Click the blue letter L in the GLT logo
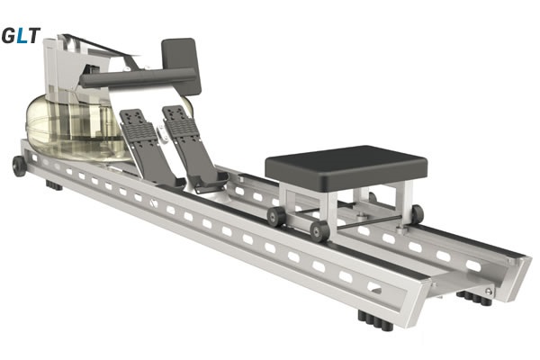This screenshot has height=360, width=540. click(22, 35)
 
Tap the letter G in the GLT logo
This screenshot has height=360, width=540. click(9, 35)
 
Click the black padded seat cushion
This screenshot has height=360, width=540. click(346, 166)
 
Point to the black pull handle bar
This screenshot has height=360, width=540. click(138, 77)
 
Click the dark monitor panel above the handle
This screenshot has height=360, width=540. click(181, 66)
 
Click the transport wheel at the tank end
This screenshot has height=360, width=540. click(19, 166)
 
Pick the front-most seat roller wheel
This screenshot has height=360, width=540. click(319, 230)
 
